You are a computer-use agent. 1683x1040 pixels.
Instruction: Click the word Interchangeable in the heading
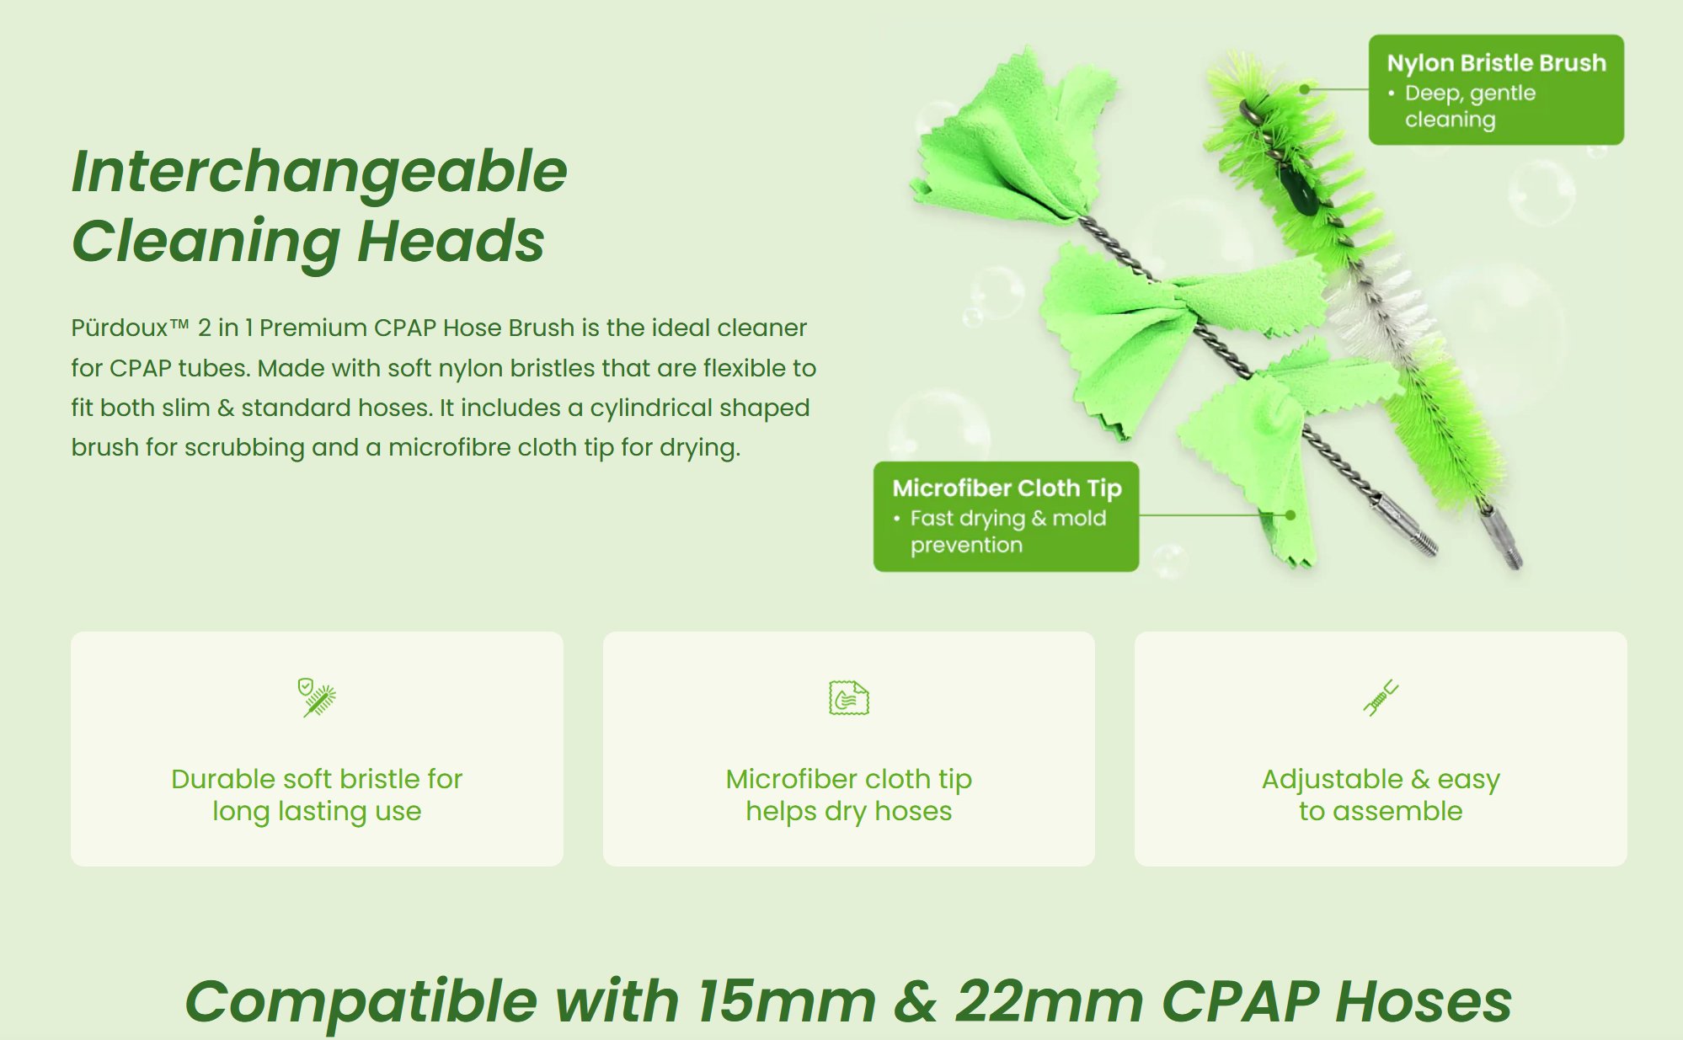click(319, 172)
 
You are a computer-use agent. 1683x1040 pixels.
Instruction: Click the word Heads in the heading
click(451, 242)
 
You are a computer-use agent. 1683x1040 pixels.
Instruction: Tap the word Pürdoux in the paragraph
click(120, 328)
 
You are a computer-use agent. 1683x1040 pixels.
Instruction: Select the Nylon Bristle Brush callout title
click(1496, 63)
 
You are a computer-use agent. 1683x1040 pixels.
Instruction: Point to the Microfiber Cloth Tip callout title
click(1007, 488)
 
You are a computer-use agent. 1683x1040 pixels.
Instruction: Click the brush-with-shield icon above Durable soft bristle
click(317, 697)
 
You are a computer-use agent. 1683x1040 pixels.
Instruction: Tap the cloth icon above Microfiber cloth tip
click(848, 698)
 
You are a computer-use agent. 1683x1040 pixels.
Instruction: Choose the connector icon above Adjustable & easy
click(1381, 697)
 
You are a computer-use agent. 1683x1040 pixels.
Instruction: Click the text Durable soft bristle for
click(317, 779)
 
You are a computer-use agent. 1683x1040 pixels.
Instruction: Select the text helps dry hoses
click(848, 811)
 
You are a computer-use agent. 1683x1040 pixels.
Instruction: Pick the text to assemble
click(1381, 811)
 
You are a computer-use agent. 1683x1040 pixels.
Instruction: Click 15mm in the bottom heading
click(787, 1002)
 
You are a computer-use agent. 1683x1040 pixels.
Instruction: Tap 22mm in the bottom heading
click(1049, 1002)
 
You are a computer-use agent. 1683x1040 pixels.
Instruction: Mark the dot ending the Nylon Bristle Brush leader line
click(1305, 89)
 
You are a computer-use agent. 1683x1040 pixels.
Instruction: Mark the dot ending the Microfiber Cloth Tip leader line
click(1290, 515)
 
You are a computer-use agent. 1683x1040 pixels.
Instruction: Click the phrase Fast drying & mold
click(1007, 518)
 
